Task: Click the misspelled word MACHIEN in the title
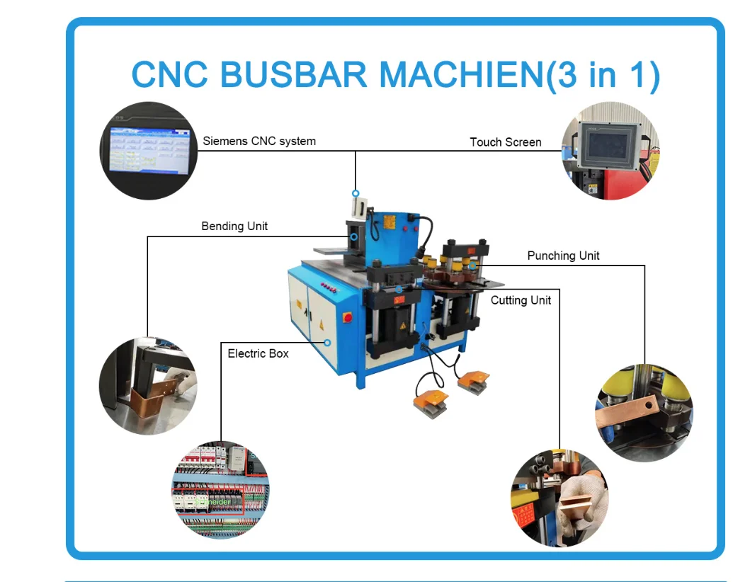pos(461,75)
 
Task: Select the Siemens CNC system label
pos(259,141)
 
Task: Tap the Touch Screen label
pos(505,142)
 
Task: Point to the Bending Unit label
pos(234,227)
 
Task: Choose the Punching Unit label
pos(563,256)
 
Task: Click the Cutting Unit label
pos(521,300)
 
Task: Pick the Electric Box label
pos(258,353)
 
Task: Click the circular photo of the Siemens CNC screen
pos(147,151)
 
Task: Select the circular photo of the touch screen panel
pos(610,151)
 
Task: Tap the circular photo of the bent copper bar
pos(148,385)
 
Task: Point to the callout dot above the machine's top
pos(356,193)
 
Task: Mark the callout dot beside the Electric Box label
pos(328,342)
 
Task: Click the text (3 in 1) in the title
pos(604,75)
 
